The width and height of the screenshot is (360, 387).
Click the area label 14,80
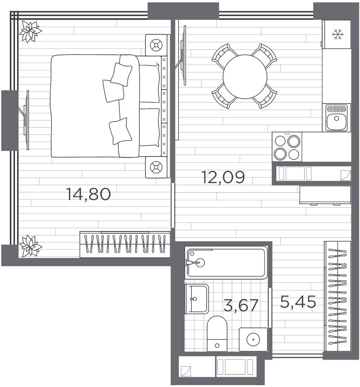click(89, 194)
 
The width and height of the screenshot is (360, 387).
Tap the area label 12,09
click(223, 177)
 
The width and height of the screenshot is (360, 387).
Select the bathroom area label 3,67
click(241, 305)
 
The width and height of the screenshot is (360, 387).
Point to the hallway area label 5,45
click(298, 302)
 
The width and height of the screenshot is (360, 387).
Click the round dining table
click(245, 76)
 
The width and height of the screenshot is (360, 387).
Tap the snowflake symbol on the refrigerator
click(337, 34)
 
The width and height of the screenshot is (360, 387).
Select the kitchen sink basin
click(336, 117)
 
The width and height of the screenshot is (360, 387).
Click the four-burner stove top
click(287, 147)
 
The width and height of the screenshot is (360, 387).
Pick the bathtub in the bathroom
click(226, 262)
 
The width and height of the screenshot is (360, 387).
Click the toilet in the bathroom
click(217, 334)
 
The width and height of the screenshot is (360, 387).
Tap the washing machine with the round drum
click(253, 339)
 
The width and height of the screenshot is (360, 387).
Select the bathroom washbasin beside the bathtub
click(197, 299)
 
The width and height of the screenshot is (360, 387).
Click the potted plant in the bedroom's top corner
click(31, 31)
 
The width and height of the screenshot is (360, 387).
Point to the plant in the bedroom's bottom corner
click(31, 245)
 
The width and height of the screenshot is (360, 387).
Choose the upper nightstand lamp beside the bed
click(156, 45)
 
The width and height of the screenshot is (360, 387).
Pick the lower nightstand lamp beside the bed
click(156, 167)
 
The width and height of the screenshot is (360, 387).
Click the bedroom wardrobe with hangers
click(125, 245)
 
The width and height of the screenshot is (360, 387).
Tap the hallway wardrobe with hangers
click(337, 296)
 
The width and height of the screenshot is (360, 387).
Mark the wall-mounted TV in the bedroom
click(26, 120)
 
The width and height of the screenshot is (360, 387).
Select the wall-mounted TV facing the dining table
click(182, 55)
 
